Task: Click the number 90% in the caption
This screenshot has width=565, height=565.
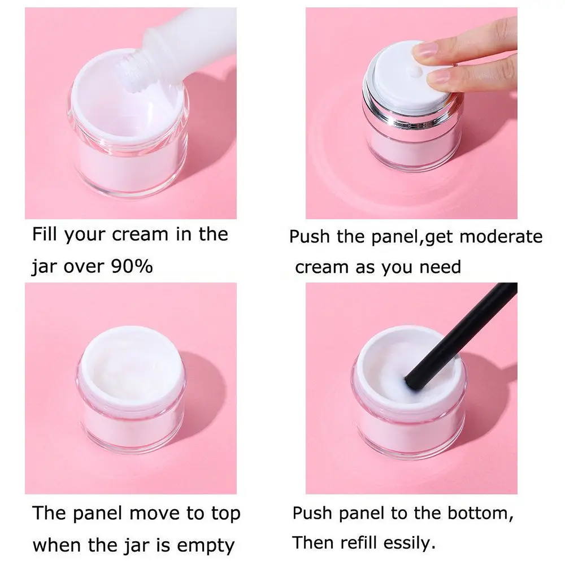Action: coord(132,266)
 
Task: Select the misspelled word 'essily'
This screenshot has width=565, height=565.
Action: coord(404,544)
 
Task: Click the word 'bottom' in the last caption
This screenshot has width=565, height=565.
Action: coord(475,513)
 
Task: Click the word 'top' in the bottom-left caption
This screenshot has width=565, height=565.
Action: coord(224,514)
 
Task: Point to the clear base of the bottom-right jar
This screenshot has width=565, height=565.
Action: coord(410,446)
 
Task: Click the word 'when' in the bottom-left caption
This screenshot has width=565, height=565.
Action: coord(56,546)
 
